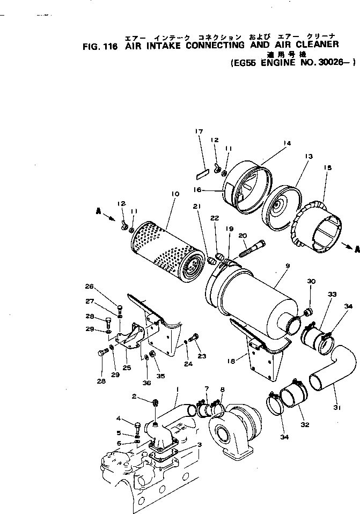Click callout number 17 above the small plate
point(199,131)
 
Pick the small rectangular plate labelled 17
point(202,173)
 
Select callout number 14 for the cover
point(286,143)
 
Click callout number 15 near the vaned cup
point(328,168)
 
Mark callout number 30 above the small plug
point(311,282)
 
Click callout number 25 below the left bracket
point(127,368)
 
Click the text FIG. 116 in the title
point(100,47)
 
